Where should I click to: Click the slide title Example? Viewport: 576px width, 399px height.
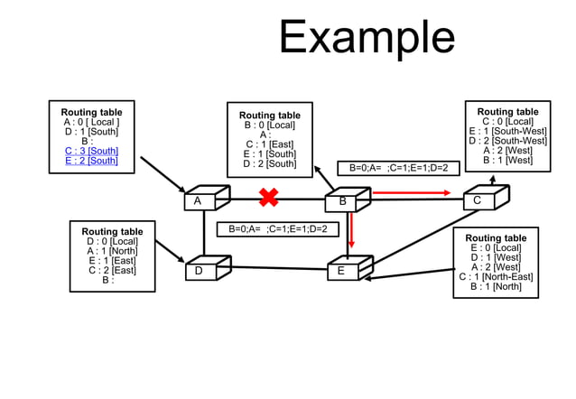(366, 38)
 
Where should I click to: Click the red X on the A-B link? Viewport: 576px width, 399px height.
(268, 197)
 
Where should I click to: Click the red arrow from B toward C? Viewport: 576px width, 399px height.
(411, 192)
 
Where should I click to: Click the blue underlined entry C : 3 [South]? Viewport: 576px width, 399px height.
(91, 151)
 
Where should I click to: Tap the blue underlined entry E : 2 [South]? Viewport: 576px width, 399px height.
(91, 161)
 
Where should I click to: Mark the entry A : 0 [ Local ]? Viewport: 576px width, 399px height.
(91, 122)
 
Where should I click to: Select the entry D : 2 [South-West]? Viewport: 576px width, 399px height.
(507, 141)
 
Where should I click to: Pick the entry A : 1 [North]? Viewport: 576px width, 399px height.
(113, 251)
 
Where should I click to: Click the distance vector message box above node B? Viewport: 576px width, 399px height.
(398, 168)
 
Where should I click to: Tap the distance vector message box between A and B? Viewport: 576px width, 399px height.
(277, 229)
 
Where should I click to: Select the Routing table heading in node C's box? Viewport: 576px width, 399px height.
(507, 112)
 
